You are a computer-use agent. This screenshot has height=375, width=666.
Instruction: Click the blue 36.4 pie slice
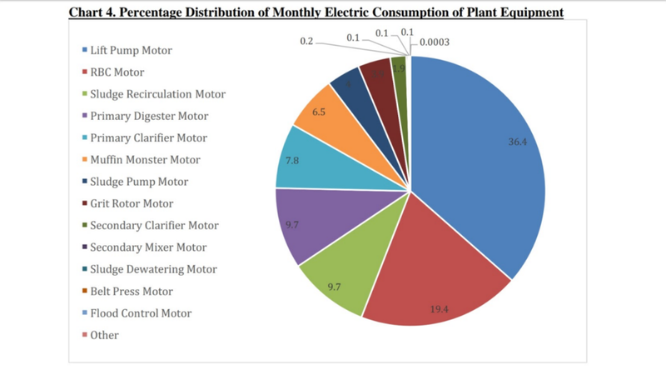[x=483, y=158]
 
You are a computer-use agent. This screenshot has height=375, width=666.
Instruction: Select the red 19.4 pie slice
[x=433, y=283]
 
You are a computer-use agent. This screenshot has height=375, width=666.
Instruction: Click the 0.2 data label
[x=306, y=41]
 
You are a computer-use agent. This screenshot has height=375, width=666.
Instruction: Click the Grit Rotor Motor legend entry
[x=133, y=203]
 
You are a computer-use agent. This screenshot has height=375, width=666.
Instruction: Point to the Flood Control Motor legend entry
[x=141, y=313]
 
